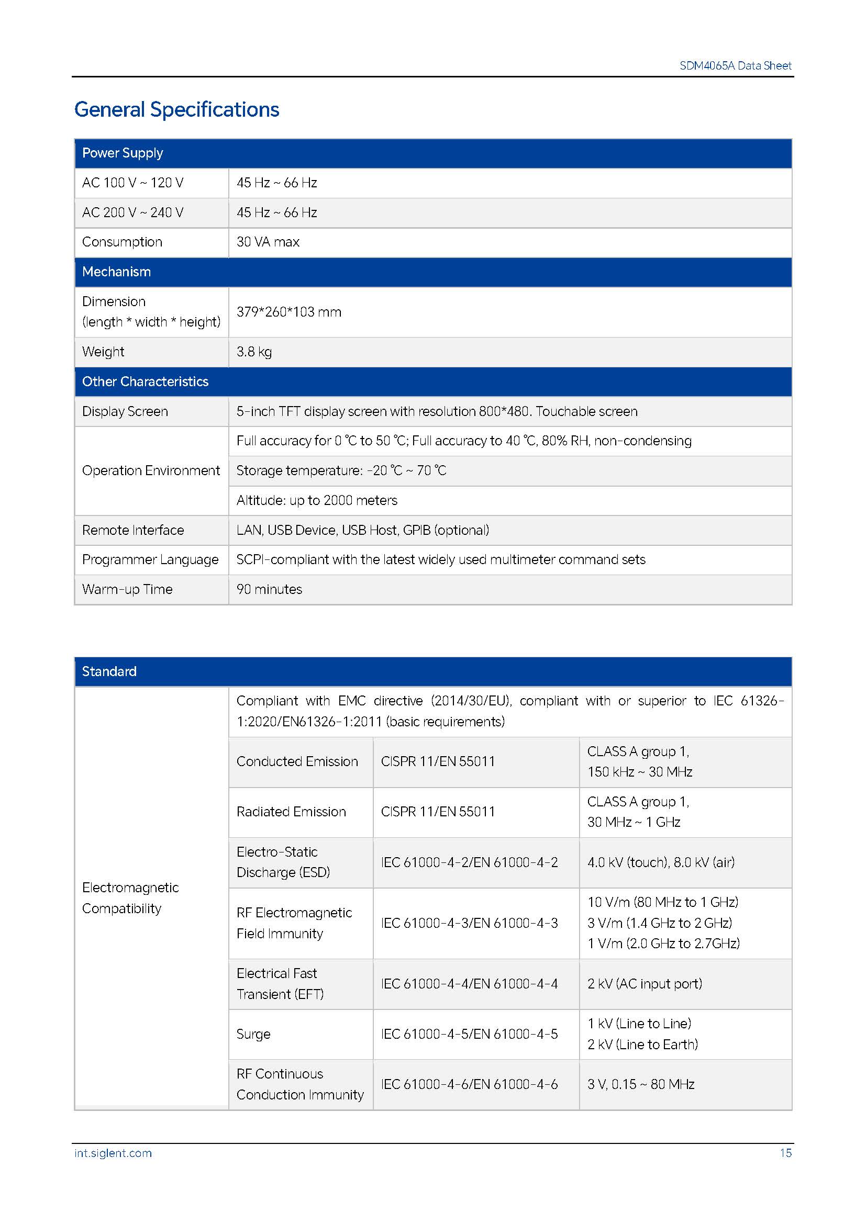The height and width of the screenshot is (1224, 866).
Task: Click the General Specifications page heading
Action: [x=176, y=109]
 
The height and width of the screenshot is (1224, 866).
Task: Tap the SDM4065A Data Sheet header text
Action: [x=735, y=65]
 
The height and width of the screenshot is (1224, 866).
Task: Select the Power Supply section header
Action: [x=123, y=153]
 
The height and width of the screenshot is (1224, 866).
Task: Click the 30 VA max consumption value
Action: [x=268, y=242]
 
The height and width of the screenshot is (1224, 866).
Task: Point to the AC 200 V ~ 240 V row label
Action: [x=133, y=212]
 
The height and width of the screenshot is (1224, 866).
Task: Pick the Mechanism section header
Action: [x=116, y=272]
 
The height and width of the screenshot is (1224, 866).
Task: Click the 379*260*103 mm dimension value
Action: [x=288, y=312]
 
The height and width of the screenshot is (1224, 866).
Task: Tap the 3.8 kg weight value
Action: [x=254, y=352]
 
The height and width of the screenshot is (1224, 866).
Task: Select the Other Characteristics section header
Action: [x=145, y=381]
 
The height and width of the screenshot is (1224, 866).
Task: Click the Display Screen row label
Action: [x=125, y=411]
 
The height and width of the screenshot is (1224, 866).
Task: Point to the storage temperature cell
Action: [x=341, y=471]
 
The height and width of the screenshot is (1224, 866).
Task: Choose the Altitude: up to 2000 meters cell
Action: [x=317, y=501]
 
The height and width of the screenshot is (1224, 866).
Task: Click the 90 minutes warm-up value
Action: [x=269, y=590]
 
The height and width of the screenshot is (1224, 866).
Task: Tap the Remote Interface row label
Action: [x=133, y=531]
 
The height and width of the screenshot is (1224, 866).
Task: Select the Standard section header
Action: [x=109, y=672]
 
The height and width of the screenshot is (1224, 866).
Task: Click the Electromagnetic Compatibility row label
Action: [x=130, y=898]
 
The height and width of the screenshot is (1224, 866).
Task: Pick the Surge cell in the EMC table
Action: [x=253, y=1034]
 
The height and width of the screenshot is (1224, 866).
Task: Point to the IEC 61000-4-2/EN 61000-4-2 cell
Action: [x=469, y=862]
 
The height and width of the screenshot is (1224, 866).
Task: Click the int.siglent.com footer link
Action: [x=113, y=1153]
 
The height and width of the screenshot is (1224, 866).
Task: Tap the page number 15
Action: [x=785, y=1153]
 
